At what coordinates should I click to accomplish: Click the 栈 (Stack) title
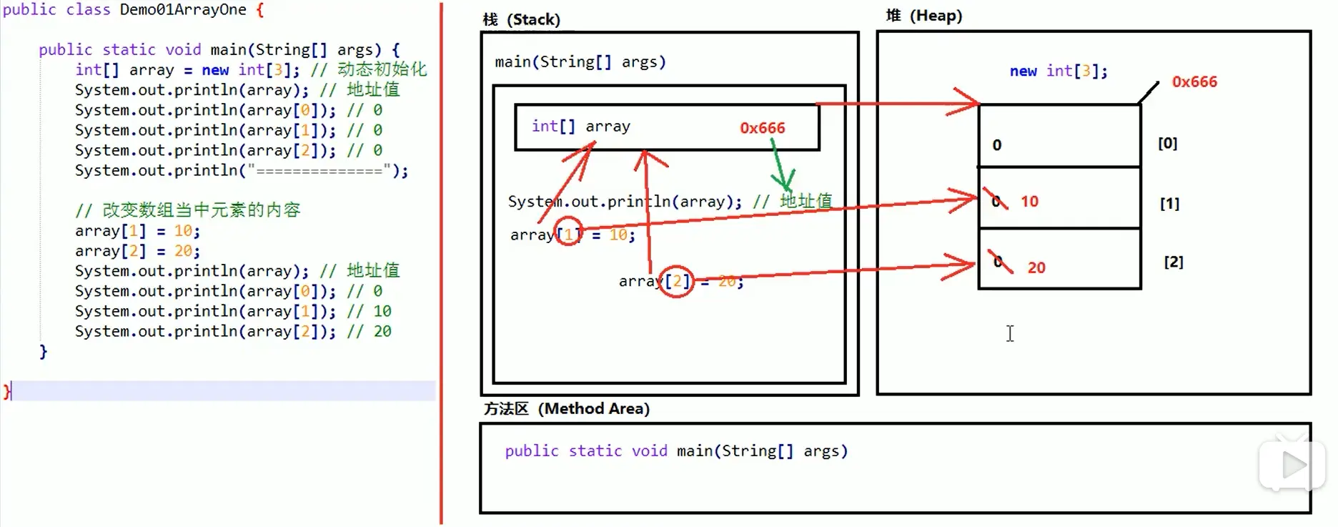pyautogui.click(x=521, y=19)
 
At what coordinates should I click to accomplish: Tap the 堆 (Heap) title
pyautogui.click(x=923, y=16)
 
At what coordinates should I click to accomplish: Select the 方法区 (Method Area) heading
pyautogui.click(x=566, y=408)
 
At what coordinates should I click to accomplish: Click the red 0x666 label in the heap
pyautogui.click(x=1194, y=82)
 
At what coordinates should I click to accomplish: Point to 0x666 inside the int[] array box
pyautogui.click(x=762, y=128)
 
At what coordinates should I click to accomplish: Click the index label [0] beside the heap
pyautogui.click(x=1167, y=143)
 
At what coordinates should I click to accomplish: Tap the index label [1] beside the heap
pyautogui.click(x=1169, y=204)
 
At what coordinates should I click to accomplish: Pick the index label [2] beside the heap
pyautogui.click(x=1173, y=262)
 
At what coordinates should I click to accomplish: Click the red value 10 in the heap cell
pyautogui.click(x=1029, y=202)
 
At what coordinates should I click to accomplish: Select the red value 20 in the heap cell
pyautogui.click(x=1036, y=267)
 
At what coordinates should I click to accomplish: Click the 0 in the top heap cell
pyautogui.click(x=997, y=145)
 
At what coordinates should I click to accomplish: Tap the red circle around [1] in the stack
pyautogui.click(x=568, y=231)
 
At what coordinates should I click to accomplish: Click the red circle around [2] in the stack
pyautogui.click(x=676, y=281)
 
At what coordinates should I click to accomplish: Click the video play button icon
pyautogui.click(x=1292, y=466)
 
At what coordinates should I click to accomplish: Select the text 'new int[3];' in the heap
pyautogui.click(x=1058, y=71)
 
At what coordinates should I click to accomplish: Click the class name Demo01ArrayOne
pyautogui.click(x=183, y=10)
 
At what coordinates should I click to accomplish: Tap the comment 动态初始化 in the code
pyautogui.click(x=382, y=69)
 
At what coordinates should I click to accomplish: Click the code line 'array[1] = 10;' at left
pyautogui.click(x=137, y=231)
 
